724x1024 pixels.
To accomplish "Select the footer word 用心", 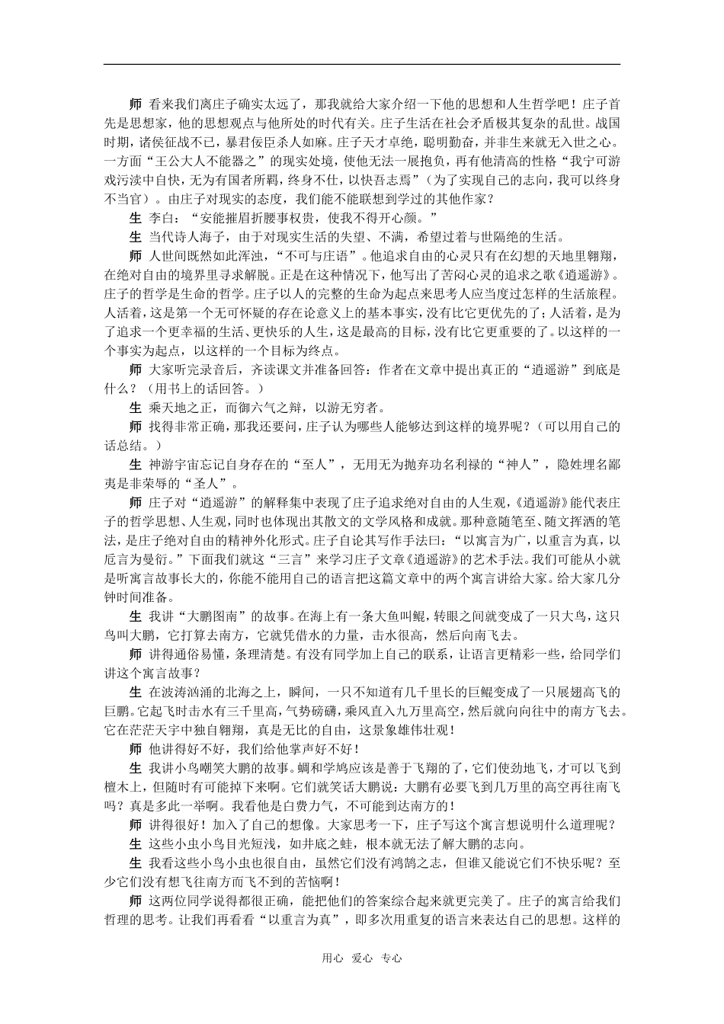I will click(332, 958).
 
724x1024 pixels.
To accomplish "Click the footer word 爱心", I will click(361, 958).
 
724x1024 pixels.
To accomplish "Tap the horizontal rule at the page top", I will click(361, 65).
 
